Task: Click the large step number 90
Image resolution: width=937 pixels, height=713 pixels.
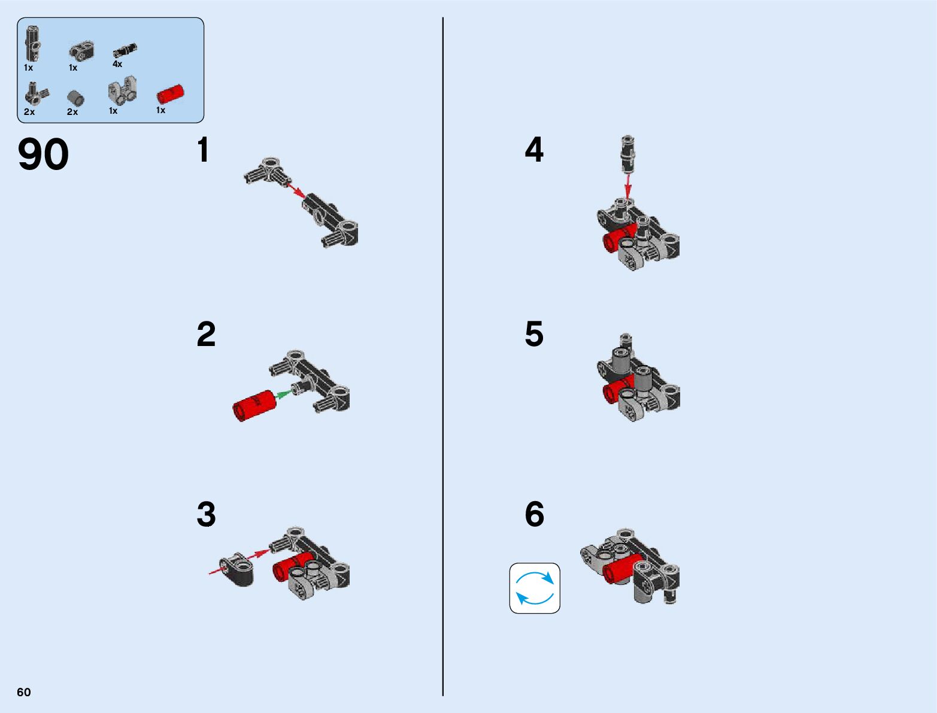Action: [43, 154]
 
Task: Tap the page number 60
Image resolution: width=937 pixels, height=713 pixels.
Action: [24, 692]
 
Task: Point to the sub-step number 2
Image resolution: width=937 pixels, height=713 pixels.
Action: [206, 334]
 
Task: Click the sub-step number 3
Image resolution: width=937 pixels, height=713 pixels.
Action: [206, 514]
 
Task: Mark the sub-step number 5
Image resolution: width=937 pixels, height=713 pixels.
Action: [534, 334]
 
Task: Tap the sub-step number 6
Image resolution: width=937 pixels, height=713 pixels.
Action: [535, 514]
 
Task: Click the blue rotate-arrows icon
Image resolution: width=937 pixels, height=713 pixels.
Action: [535, 588]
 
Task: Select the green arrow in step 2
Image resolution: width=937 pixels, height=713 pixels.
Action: [283, 395]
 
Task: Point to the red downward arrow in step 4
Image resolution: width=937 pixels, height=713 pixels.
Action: [627, 186]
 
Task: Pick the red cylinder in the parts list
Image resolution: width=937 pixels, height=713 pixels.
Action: [170, 94]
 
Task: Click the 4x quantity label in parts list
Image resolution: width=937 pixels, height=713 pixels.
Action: [117, 64]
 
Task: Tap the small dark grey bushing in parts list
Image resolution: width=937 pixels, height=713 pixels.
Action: [75, 98]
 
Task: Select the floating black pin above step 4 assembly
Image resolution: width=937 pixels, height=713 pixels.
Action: [627, 154]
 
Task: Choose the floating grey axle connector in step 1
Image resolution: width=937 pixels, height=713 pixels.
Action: [268, 171]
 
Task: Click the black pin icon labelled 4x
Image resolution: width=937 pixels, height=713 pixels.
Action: [125, 50]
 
